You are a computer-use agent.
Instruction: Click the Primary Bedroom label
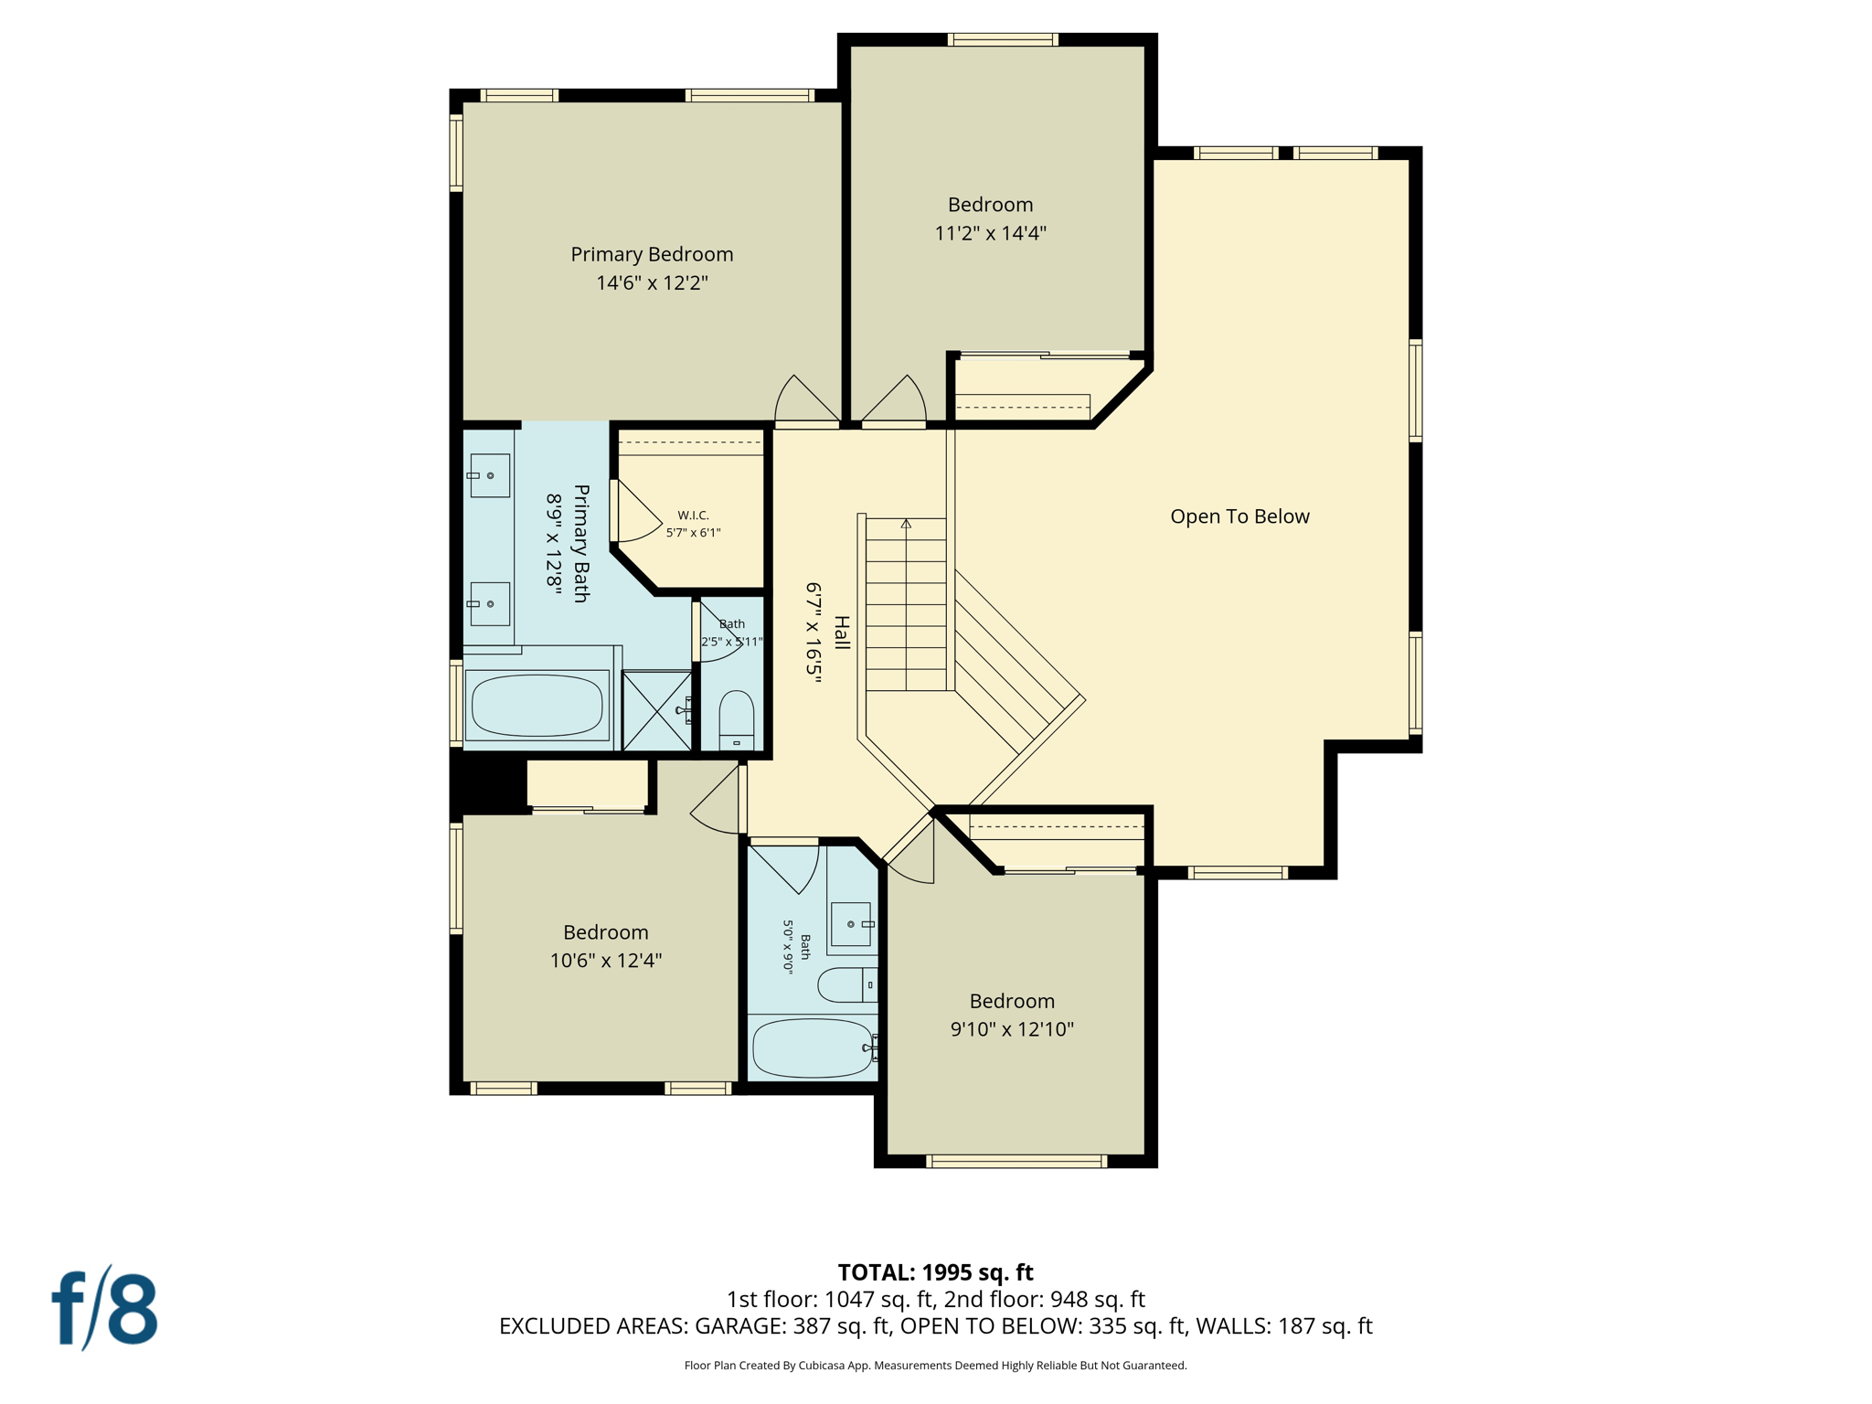(652, 254)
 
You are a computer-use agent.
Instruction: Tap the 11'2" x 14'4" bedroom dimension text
(990, 233)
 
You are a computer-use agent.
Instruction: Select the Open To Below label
(1239, 516)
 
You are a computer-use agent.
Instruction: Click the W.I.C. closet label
(693, 516)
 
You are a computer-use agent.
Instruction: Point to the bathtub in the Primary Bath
(537, 705)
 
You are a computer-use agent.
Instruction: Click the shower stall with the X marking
(656, 710)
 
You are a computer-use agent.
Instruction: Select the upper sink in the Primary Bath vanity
(489, 475)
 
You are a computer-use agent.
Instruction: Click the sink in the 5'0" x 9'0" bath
(851, 924)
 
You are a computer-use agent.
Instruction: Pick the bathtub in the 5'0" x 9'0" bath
(813, 1048)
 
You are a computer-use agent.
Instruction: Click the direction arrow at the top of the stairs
(906, 524)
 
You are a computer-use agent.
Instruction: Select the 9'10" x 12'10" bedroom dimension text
(1012, 1029)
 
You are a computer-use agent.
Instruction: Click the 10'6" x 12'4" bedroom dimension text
(605, 961)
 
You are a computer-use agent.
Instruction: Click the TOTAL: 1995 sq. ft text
(935, 1272)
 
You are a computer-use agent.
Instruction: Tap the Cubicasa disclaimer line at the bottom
(935, 1366)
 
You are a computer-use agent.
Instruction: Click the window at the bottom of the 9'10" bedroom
(1016, 1162)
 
